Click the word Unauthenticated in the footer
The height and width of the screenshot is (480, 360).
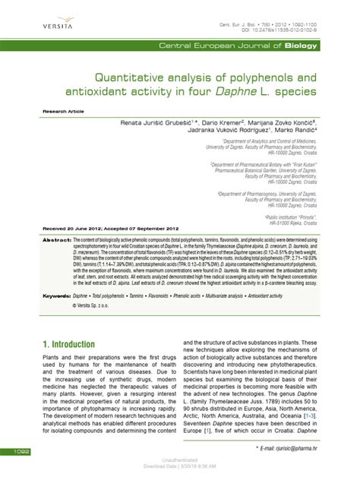pyautogui.click(x=179, y=459)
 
